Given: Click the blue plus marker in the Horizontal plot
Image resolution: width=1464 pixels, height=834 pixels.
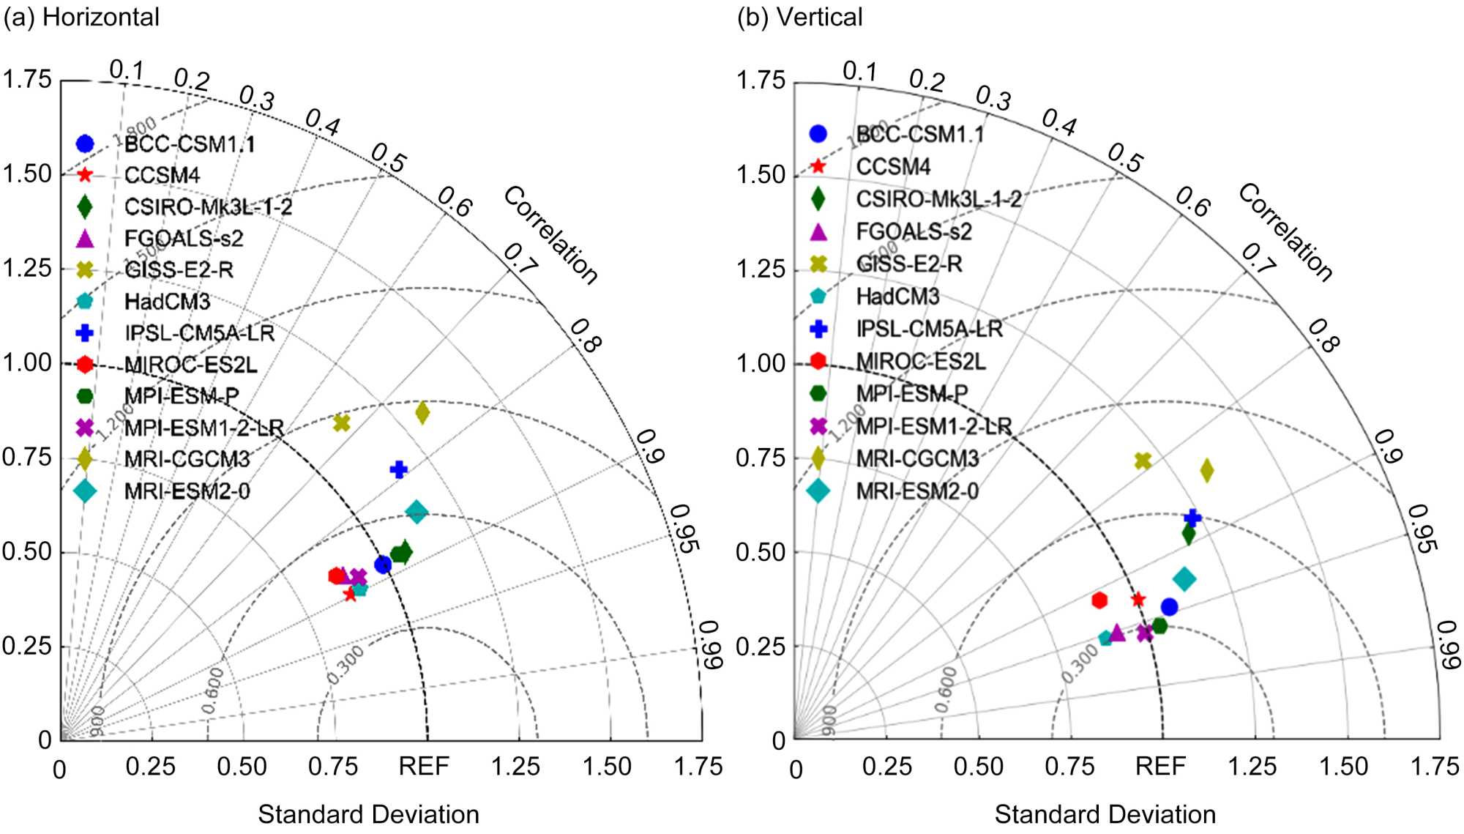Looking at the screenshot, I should click(398, 469).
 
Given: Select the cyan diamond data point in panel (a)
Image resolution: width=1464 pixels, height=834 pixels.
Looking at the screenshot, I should click(417, 512).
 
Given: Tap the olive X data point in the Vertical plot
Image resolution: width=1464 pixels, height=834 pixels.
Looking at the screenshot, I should click(1143, 461).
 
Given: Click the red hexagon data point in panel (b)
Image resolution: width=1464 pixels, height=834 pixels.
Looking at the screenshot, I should click(1099, 600).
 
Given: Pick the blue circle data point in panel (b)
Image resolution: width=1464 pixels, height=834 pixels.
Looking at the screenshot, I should click(1169, 607).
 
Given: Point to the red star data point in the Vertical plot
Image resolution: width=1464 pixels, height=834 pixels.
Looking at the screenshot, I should click(1138, 600).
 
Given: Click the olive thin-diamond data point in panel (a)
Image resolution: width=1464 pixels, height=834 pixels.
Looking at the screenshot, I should click(422, 413).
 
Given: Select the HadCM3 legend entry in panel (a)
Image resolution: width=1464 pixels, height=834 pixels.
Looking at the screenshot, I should click(167, 302).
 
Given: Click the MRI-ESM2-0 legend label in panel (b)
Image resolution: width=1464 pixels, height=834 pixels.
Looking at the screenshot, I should click(917, 491).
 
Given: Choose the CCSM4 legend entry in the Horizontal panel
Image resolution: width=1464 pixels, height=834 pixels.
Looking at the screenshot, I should click(162, 176).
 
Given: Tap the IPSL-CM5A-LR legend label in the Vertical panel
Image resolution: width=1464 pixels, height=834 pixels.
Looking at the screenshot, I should click(929, 329).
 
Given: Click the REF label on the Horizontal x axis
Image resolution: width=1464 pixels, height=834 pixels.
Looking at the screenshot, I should click(424, 767).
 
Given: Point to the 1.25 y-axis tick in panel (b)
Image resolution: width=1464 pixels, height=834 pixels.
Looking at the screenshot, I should click(761, 269).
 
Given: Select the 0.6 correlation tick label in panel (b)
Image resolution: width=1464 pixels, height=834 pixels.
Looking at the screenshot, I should click(1192, 201).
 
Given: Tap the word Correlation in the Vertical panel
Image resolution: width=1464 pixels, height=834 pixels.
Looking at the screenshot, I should click(1285, 232).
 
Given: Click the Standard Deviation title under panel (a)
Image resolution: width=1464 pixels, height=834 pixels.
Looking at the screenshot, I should click(368, 814).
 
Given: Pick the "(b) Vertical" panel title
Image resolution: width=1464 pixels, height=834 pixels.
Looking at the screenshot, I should click(799, 17).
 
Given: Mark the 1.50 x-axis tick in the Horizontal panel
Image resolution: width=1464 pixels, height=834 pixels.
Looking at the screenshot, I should click(607, 767).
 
